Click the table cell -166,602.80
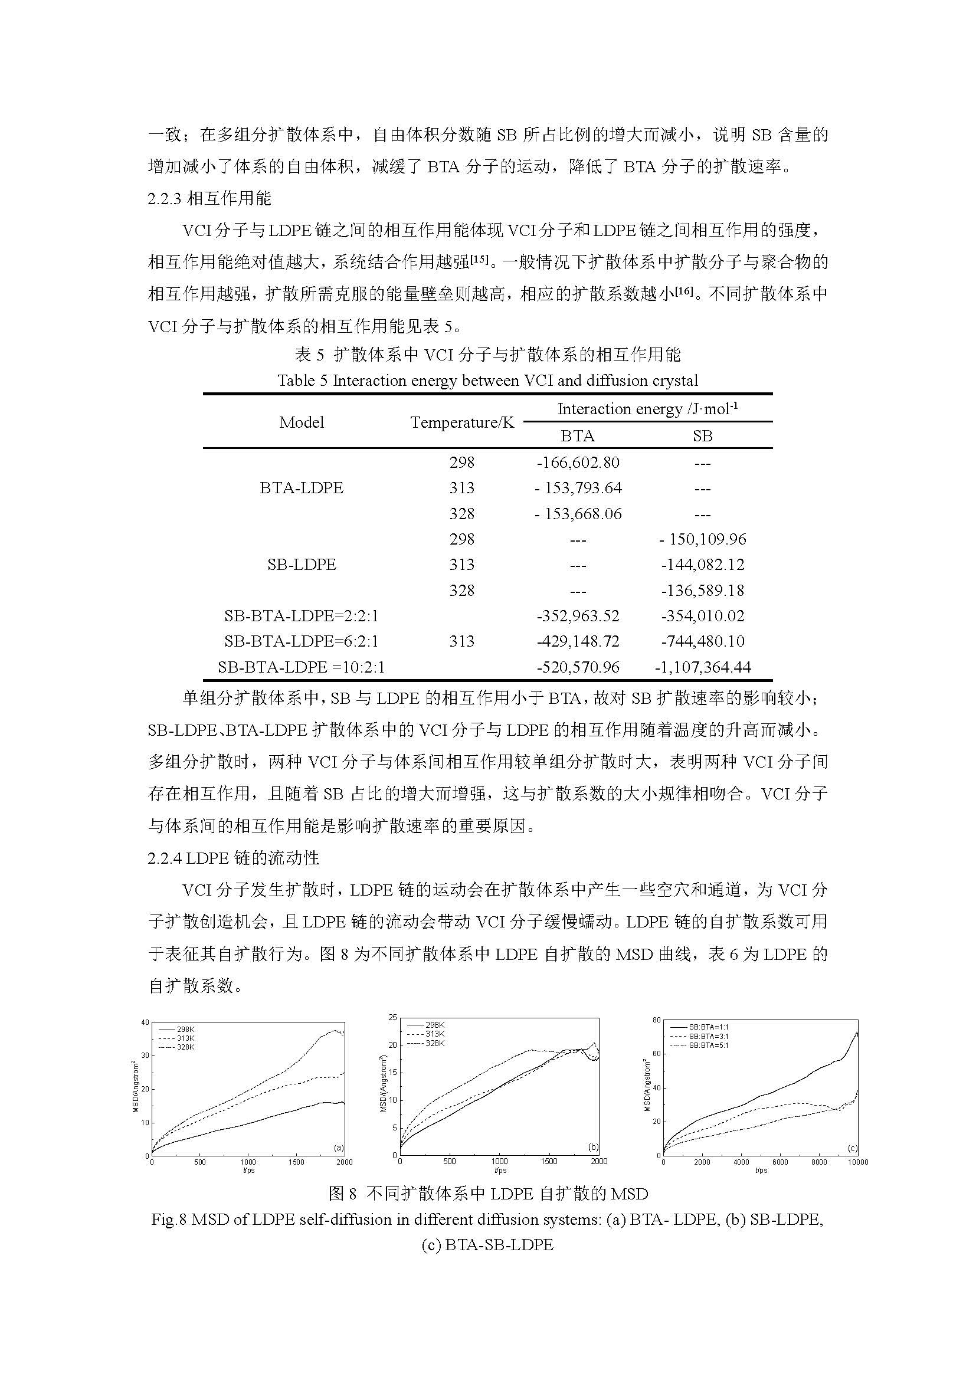pyautogui.click(x=578, y=463)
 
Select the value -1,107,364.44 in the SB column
pyautogui.click(x=703, y=667)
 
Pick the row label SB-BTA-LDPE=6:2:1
pyautogui.click(x=301, y=641)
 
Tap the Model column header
pyautogui.click(x=301, y=422)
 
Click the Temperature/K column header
pyautogui.click(x=462, y=422)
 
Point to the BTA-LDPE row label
pyautogui.click(x=301, y=488)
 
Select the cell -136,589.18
pyautogui.click(x=703, y=591)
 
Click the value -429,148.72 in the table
pyautogui.click(x=578, y=641)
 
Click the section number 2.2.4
pyautogui.click(x=165, y=858)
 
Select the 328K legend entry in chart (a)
pyautogui.click(x=185, y=1047)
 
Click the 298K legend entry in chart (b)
pyautogui.click(x=434, y=1025)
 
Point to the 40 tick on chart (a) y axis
pyautogui.click(x=145, y=1022)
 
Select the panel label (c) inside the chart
pyautogui.click(x=852, y=1148)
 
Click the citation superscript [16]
pyautogui.click(x=683, y=291)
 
